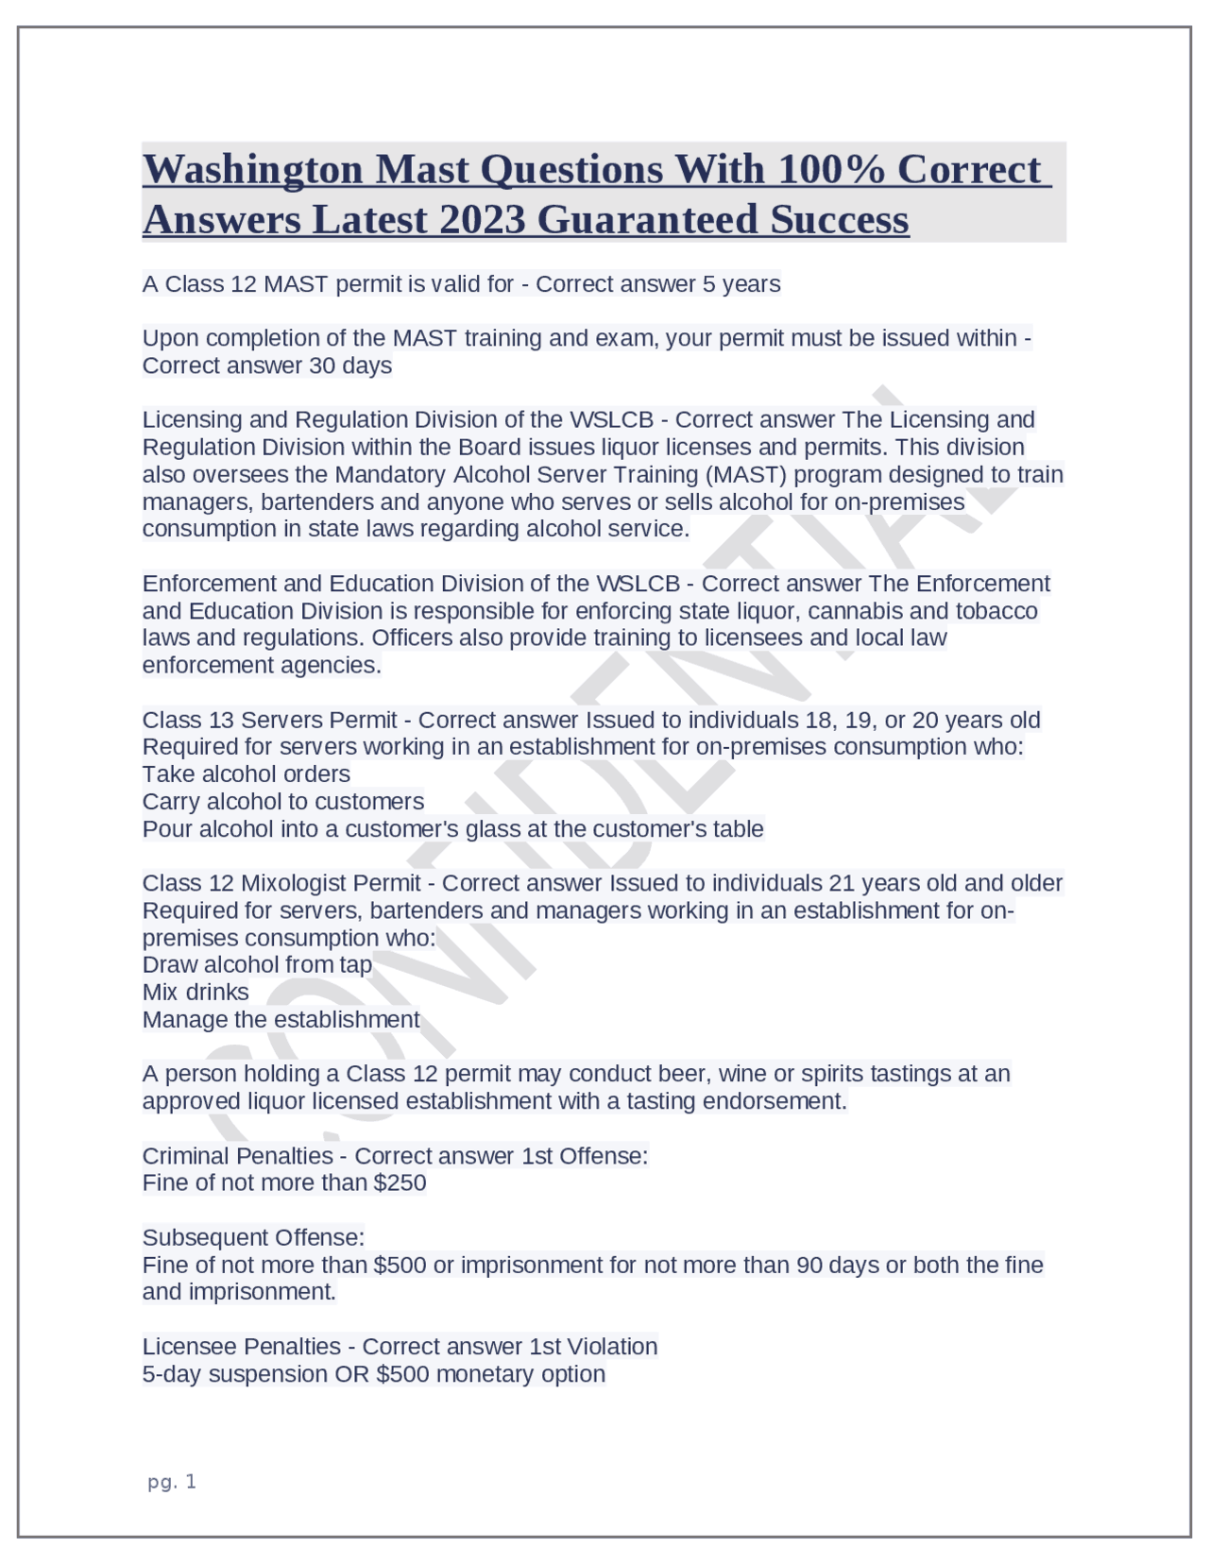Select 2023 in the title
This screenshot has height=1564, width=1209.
tap(482, 219)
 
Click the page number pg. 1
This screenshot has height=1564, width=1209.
tap(172, 1482)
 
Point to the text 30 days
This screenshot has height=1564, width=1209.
tap(349, 365)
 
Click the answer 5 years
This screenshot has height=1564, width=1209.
tap(741, 284)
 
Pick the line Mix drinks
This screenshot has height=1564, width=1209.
tap(196, 992)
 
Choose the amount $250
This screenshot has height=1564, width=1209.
tap(400, 1182)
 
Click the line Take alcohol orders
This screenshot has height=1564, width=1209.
tap(246, 774)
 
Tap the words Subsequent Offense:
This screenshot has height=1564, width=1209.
tap(253, 1237)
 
